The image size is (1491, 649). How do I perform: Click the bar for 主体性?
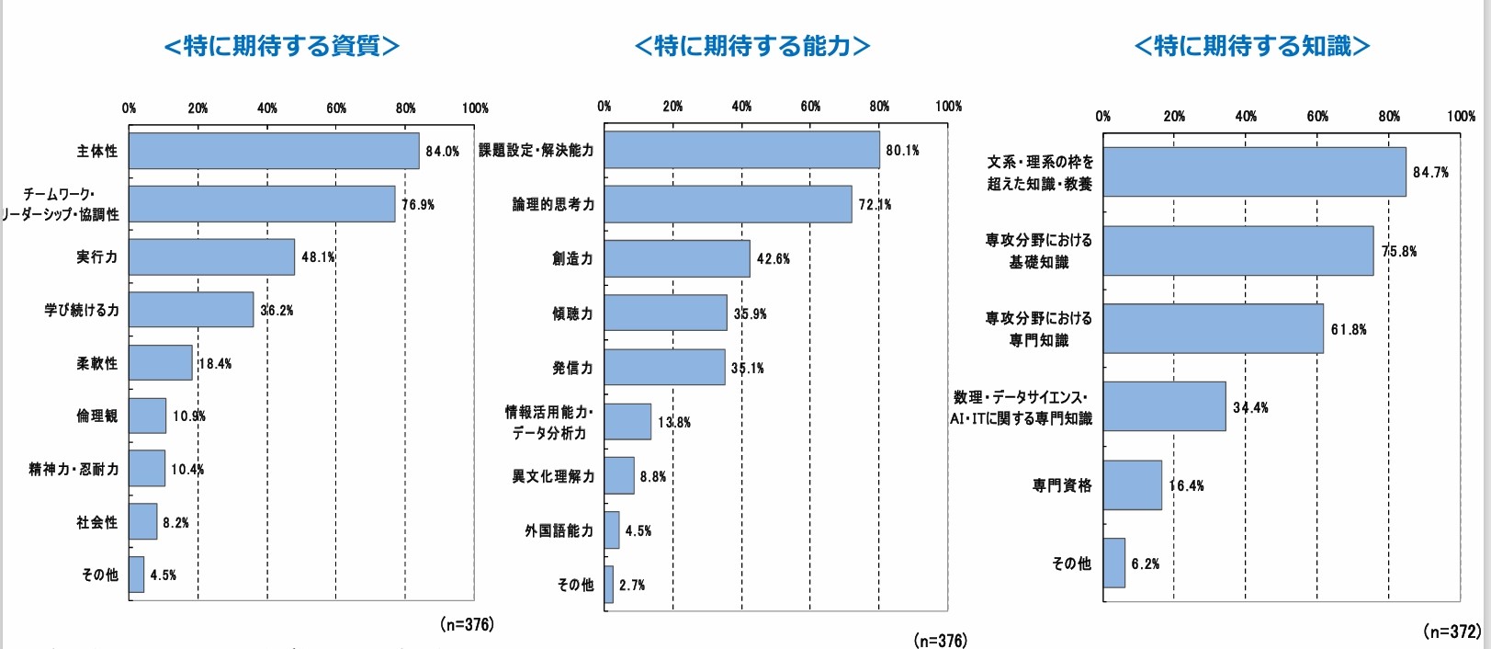click(x=274, y=151)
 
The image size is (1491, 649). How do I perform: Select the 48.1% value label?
click(x=318, y=257)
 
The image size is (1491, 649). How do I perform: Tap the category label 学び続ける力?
click(x=82, y=310)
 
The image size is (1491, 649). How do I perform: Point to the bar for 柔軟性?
click(x=161, y=363)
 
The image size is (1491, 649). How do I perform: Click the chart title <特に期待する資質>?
click(x=282, y=46)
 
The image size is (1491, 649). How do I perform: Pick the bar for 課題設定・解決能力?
click(x=741, y=150)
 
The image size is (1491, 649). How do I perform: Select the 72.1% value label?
click(x=875, y=204)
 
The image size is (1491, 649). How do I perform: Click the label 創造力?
click(x=572, y=258)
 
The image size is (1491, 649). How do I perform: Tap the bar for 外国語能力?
click(x=612, y=530)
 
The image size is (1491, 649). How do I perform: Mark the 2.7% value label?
click(x=632, y=585)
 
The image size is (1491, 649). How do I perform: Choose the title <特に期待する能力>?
click(x=752, y=46)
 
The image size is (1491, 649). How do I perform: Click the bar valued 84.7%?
click(x=1254, y=172)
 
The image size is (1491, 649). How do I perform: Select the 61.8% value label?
click(x=1349, y=329)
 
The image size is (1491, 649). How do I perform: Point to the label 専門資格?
click(x=1062, y=485)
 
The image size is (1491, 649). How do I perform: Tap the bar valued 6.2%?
click(x=1114, y=564)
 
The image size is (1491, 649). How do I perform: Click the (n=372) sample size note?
click(x=1451, y=632)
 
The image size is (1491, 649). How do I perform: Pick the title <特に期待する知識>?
click(x=1252, y=46)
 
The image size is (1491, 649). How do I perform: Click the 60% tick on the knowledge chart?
click(x=1317, y=116)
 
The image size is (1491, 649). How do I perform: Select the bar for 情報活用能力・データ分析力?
click(x=627, y=422)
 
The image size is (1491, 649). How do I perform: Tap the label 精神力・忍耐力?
click(x=73, y=469)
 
